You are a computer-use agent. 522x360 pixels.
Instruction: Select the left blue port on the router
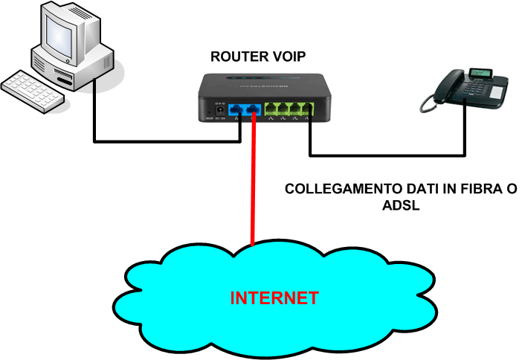[x=236, y=111]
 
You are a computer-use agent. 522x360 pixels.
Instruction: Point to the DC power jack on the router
[x=219, y=112]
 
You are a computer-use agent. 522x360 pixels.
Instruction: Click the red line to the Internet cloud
[x=254, y=186]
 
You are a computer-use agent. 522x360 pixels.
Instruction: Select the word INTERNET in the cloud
[x=274, y=298]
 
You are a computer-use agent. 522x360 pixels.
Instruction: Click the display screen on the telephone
[x=478, y=73]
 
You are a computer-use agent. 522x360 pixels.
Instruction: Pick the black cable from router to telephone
[x=387, y=155]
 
